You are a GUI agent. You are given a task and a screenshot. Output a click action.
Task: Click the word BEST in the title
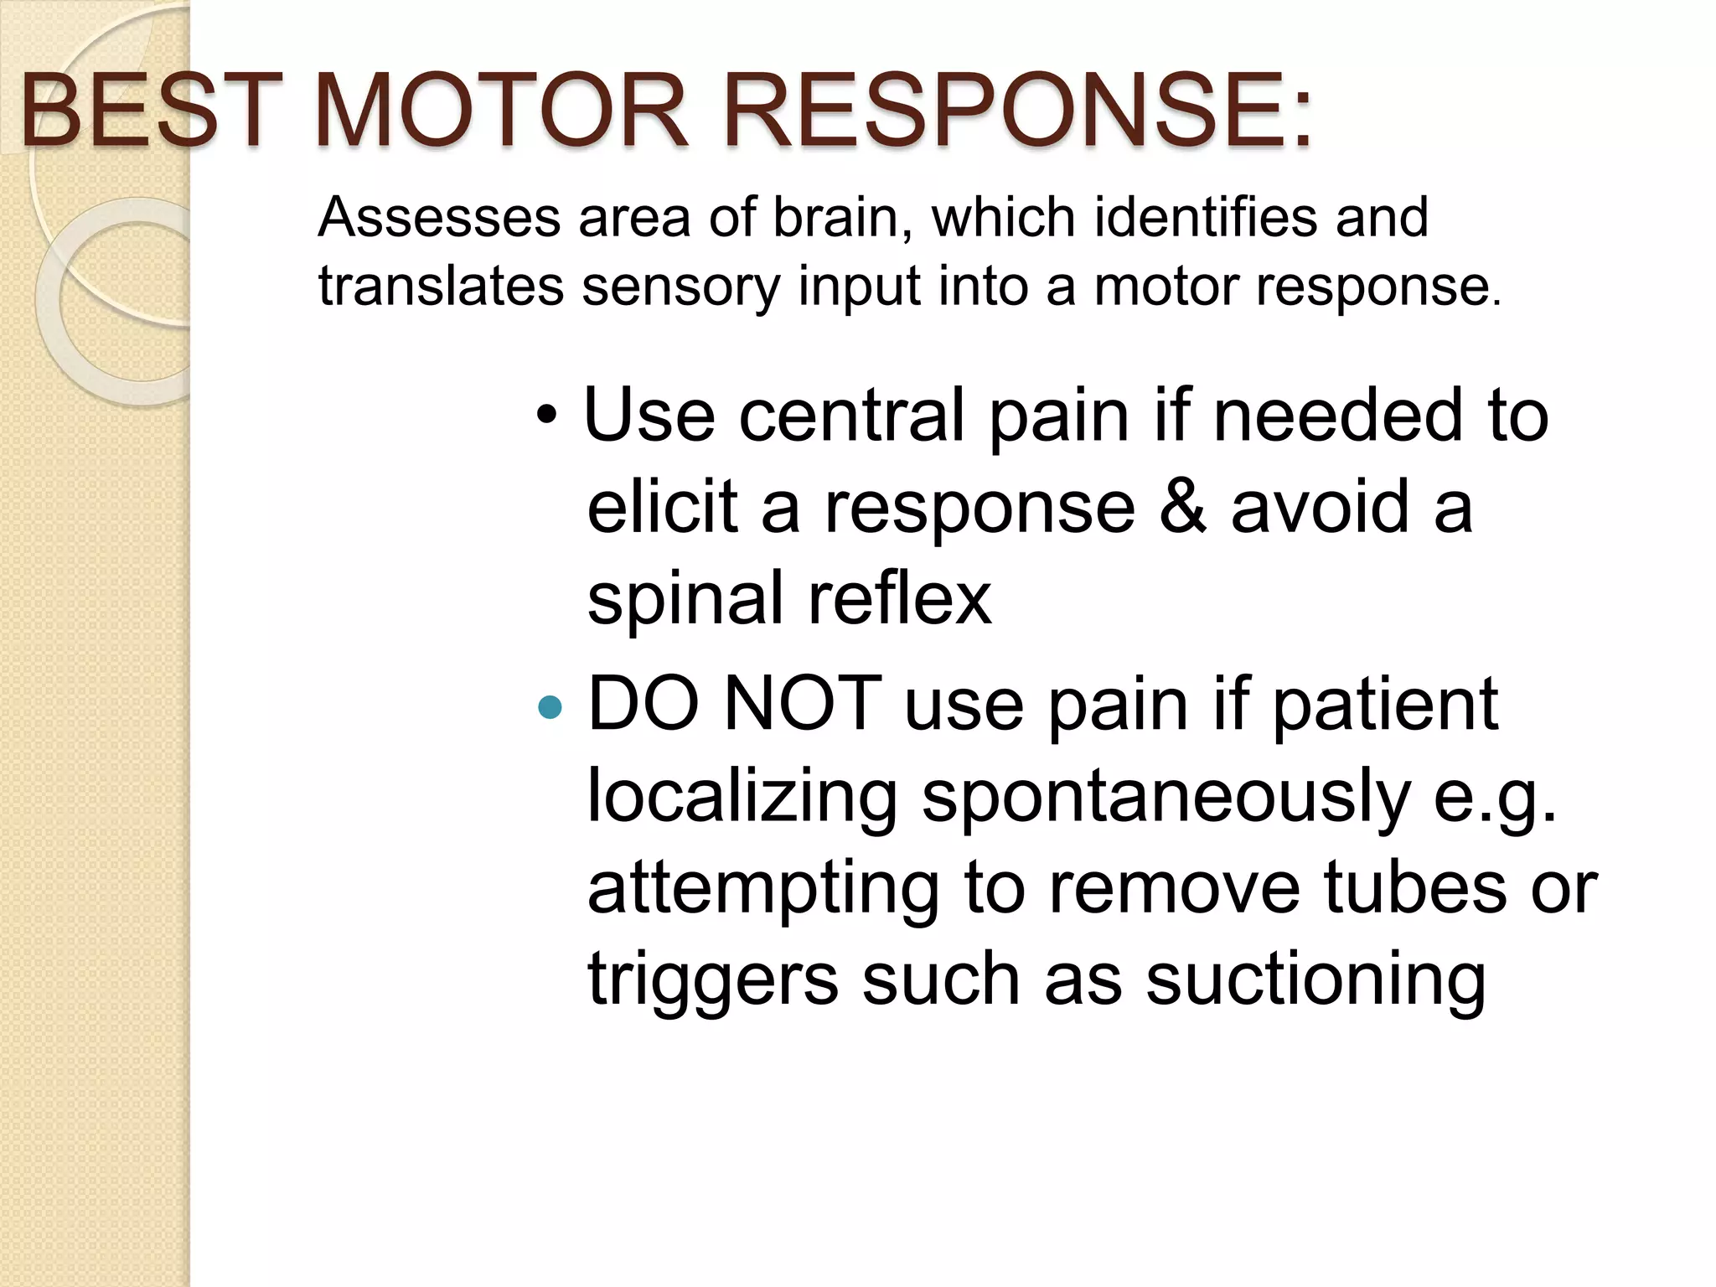147,111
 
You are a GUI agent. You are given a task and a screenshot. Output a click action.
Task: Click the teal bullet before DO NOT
550,708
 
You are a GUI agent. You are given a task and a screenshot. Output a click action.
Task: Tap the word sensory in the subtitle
680,287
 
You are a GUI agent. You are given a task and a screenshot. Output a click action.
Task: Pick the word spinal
685,600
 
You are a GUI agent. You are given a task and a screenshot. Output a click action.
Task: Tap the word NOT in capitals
802,704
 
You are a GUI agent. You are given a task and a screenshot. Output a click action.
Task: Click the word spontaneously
1166,798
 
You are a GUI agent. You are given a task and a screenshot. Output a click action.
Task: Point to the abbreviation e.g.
1494,798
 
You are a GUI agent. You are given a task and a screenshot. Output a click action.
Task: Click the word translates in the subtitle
441,287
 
